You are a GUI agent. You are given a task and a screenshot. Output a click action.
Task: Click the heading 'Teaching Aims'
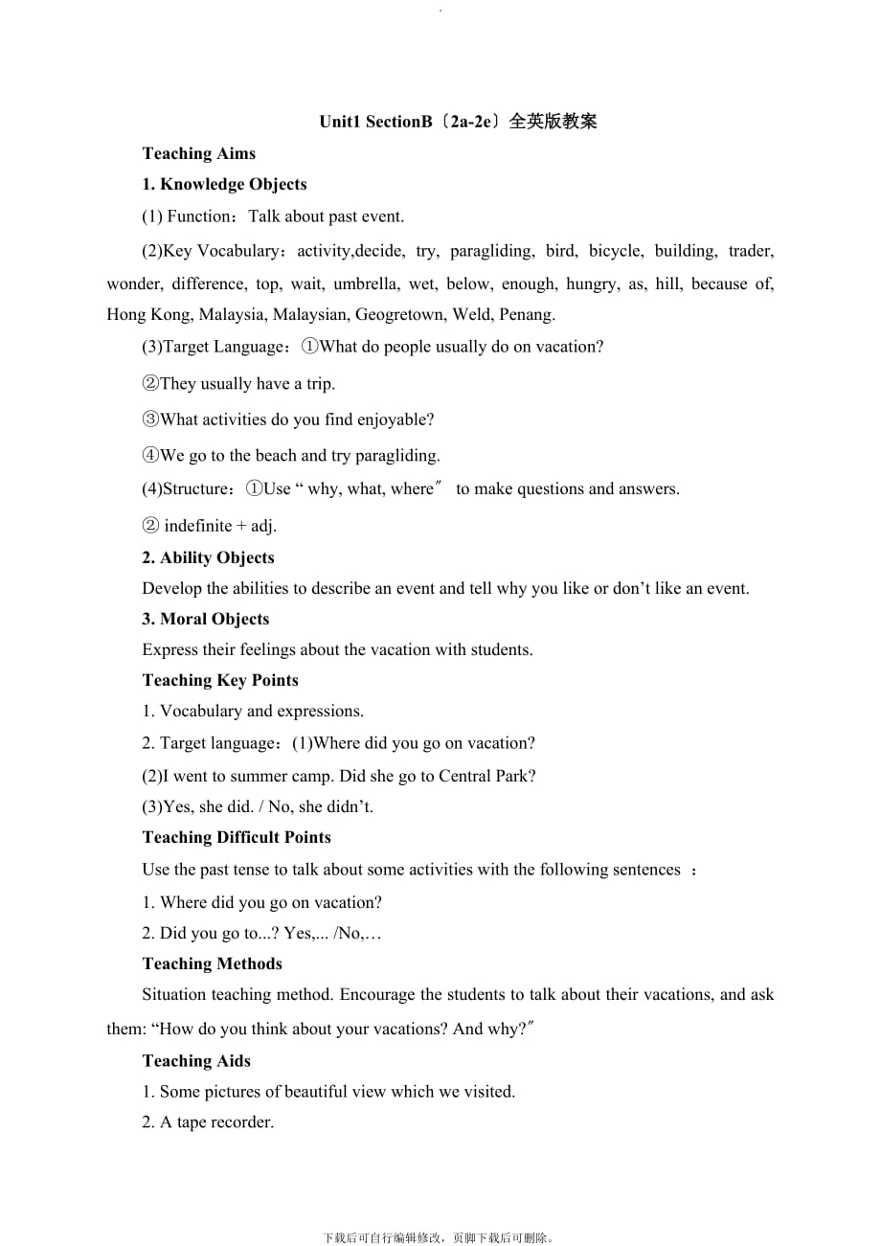[x=198, y=153]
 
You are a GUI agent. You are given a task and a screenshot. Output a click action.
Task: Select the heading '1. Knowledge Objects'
[x=224, y=184]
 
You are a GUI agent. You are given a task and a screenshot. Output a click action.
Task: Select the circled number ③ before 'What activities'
[x=150, y=419]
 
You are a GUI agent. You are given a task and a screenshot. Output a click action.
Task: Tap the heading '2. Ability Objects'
[x=208, y=557]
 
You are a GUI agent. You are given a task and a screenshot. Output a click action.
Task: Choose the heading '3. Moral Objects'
[x=206, y=619]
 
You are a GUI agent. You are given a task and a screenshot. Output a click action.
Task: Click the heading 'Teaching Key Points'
[x=220, y=680]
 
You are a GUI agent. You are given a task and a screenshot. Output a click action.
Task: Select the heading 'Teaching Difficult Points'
[x=237, y=837]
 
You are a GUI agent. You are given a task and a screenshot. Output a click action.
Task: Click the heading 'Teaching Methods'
[x=213, y=963]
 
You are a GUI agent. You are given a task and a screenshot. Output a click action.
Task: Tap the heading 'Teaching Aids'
[x=196, y=1060]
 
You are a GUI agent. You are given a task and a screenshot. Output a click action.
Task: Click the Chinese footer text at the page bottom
[x=440, y=1237]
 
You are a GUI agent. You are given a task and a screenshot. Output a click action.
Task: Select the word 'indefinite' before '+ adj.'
[x=198, y=525]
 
